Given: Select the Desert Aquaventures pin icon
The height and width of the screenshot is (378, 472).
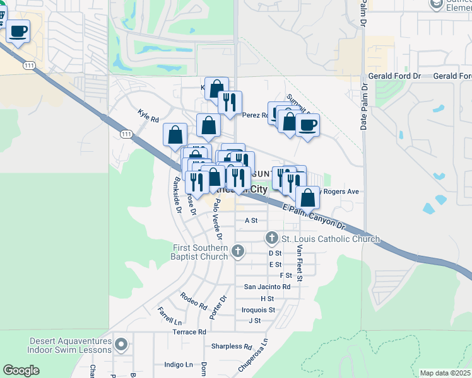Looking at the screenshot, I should coord(122,345).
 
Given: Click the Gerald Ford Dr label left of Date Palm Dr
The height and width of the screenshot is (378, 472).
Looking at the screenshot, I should coord(395,76).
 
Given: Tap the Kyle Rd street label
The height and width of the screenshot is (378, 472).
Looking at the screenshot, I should coord(148,115).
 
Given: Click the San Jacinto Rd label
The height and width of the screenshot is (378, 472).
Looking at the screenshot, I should coord(267,287).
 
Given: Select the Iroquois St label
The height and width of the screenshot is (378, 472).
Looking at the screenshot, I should coord(258,310).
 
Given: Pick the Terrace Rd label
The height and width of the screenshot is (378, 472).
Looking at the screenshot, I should coord(189,331).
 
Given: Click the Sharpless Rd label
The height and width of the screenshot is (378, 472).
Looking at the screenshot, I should coord(232,346).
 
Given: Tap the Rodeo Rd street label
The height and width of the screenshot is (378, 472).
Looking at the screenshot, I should coord(193,301).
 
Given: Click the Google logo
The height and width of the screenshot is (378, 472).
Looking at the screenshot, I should coord(21,370).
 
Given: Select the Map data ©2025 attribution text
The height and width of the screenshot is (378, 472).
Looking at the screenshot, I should coord(445,373).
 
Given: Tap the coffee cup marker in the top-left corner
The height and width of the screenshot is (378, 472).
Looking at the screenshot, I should coord(18,31).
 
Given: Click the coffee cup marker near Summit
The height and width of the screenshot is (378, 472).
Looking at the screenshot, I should coord(307,125).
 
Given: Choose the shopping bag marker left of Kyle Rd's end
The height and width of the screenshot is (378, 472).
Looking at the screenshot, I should coord(175,134).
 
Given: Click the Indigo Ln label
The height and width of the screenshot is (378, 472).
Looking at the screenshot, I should coord(179,365).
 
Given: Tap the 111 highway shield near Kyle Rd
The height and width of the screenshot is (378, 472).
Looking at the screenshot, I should coord(126,134).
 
